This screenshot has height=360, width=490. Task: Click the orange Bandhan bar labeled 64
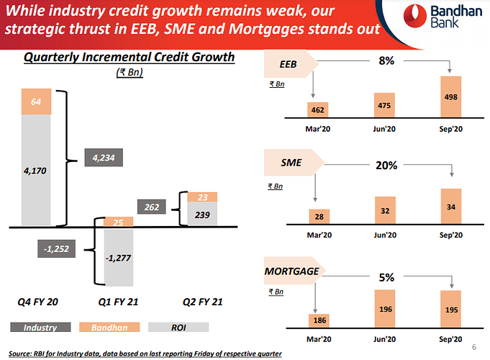pyautogui.click(x=35, y=102)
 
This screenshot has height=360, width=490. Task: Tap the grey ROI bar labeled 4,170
pyautogui.click(x=35, y=171)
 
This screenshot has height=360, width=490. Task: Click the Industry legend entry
pyautogui.click(x=40, y=328)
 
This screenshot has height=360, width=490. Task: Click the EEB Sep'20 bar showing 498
pyautogui.click(x=451, y=97)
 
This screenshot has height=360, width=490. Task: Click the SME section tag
pyautogui.click(x=291, y=165)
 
